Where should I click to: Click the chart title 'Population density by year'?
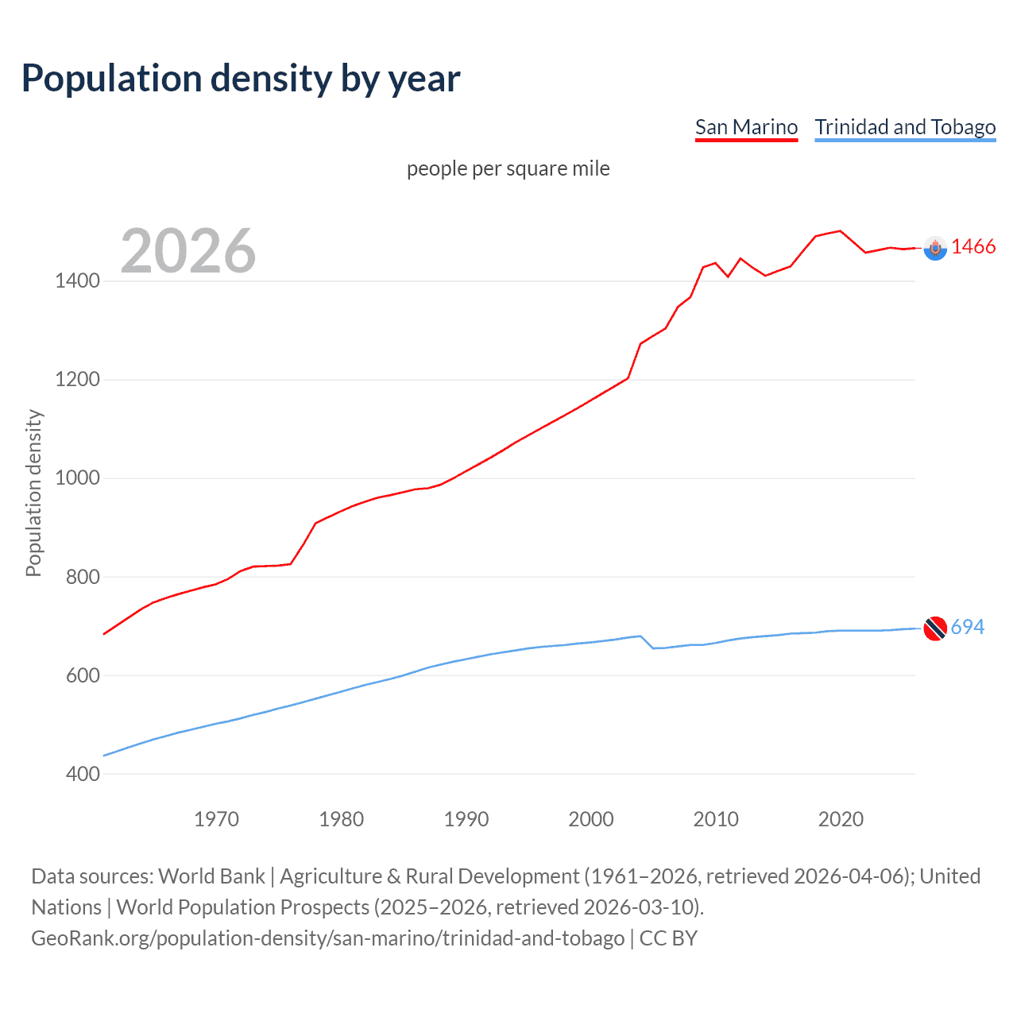click(241, 79)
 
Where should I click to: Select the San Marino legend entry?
click(746, 127)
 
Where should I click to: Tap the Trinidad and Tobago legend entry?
click(905, 127)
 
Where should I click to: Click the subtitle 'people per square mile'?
click(508, 168)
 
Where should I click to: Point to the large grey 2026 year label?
click(188, 251)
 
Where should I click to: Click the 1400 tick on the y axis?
click(77, 280)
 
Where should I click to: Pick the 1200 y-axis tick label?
click(77, 379)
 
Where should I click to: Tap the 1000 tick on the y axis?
click(77, 478)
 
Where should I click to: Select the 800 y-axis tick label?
click(83, 577)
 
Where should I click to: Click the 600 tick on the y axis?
click(83, 675)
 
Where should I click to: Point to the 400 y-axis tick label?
click(83, 774)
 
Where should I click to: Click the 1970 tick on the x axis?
click(216, 819)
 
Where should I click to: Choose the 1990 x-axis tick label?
click(466, 819)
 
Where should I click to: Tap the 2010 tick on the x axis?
click(716, 819)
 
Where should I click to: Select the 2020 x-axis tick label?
click(841, 819)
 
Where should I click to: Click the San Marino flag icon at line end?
click(935, 249)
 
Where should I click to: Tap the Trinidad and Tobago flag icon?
click(935, 628)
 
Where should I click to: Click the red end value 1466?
click(973, 246)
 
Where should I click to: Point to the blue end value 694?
click(968, 627)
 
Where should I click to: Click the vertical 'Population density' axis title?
click(33, 493)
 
